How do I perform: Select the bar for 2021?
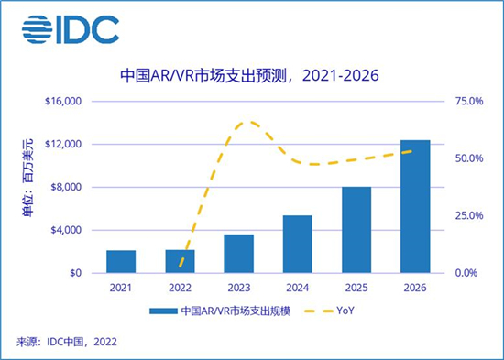[121, 261]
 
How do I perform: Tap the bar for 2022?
[180, 261]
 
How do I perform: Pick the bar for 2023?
[238, 254]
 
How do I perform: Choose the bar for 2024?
[297, 244]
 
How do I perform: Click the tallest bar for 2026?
[415, 206]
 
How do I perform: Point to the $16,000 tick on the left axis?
[62, 101]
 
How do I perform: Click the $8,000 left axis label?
[65, 187]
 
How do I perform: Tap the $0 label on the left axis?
[74, 273]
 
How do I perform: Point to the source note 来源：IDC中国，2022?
[67, 343]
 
